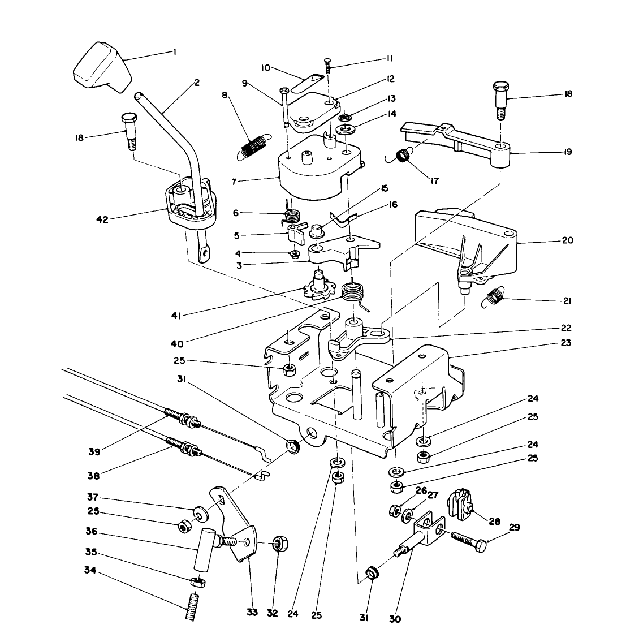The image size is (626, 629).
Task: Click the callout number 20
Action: tap(567, 240)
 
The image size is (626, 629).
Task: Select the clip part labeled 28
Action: tap(459, 502)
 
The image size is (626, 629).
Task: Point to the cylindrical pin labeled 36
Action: tap(203, 549)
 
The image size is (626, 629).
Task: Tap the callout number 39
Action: tap(94, 451)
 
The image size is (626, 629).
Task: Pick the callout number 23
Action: tap(566, 343)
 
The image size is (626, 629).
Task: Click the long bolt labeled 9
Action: tap(286, 107)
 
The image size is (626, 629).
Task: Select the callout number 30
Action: tap(395, 619)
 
